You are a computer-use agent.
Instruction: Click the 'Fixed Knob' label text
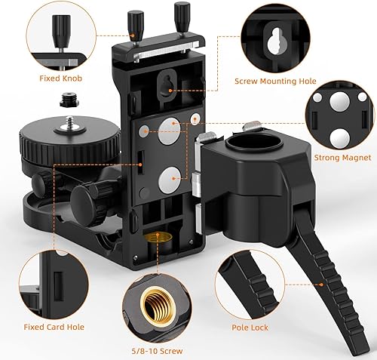[x=61, y=78]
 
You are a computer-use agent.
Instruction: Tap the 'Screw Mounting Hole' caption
[x=275, y=82]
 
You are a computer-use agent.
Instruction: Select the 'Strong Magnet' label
[x=342, y=158]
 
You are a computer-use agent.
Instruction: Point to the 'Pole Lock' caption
[x=250, y=328]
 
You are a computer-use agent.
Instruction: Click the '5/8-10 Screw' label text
[x=157, y=351]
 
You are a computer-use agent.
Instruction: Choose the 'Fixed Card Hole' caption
[x=54, y=327]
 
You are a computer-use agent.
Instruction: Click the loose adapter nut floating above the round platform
[x=69, y=100]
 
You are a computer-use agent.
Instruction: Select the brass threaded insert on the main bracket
[x=158, y=238]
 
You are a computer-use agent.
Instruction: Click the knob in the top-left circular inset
[x=61, y=32]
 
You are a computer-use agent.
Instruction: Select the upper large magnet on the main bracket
[x=170, y=131]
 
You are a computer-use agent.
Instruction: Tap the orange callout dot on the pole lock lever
[x=321, y=285]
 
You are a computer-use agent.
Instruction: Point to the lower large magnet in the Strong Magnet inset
[x=340, y=139]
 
